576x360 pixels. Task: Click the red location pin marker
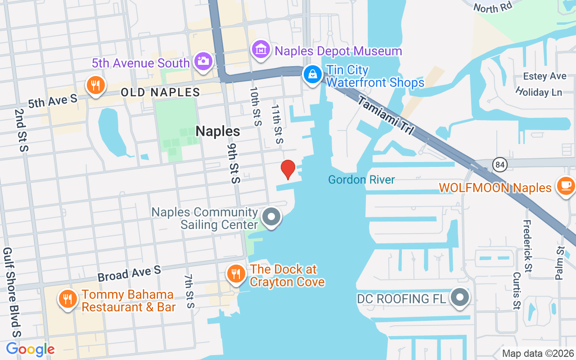coord(288,169)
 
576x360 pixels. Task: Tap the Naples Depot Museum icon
coord(261,50)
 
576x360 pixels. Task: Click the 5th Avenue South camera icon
coord(203,61)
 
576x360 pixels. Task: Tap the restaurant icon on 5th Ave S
coord(95,85)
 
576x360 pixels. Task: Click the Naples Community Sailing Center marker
coord(271,217)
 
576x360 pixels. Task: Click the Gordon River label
coord(361,180)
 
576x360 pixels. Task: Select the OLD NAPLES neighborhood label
coord(160,93)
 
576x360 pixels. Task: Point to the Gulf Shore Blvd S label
coord(12,292)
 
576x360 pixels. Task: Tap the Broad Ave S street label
coord(129,273)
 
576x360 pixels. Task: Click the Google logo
coord(30,349)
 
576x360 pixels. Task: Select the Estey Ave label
coord(544,76)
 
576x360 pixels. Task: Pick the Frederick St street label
coord(527,246)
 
